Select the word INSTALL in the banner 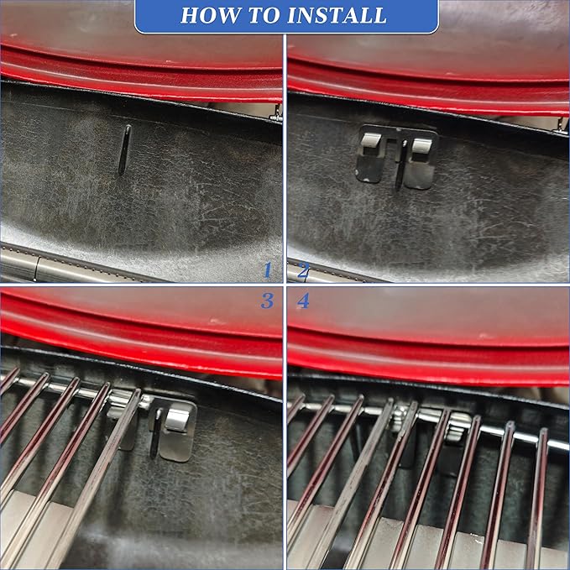pos(337,15)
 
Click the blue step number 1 pos(268,270)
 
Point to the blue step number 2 pos(304,270)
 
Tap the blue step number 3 pos(267,301)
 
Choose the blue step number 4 pos(303,301)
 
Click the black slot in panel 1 pos(124,149)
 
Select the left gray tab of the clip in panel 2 pos(370,139)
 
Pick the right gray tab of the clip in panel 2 pos(421,145)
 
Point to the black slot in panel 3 pos(156,432)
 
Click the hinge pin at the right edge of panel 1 pos(276,112)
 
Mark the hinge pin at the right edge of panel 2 pos(562,125)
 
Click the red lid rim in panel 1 pos(141,78)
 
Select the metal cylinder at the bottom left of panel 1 pos(55,266)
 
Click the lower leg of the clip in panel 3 pos(175,447)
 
